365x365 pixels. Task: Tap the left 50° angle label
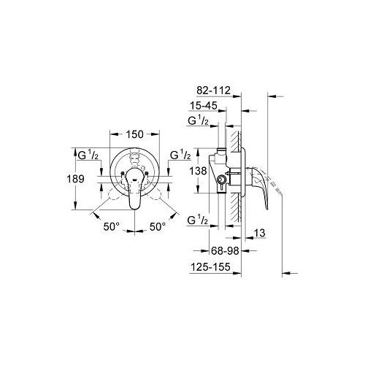[110, 226]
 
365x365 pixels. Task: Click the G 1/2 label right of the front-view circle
[180, 155]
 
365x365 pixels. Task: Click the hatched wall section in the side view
[236, 175]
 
